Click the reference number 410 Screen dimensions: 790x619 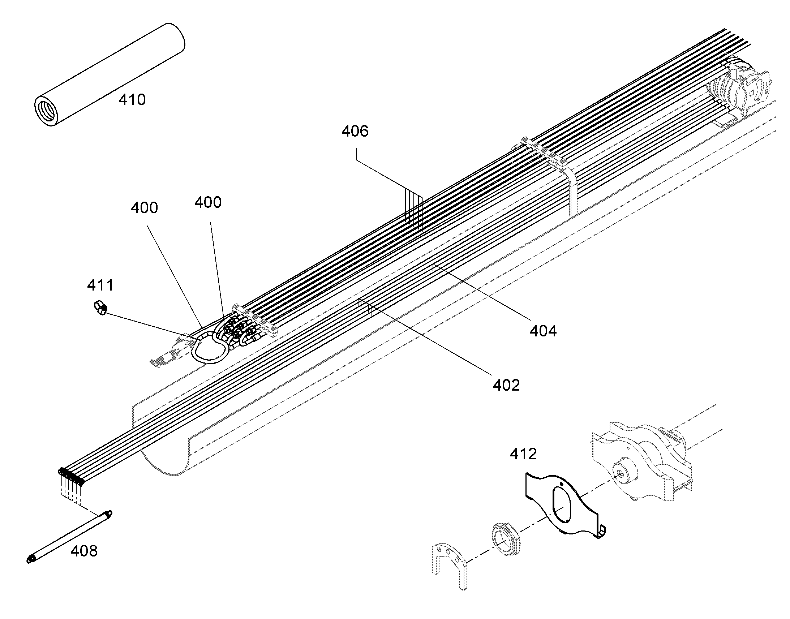click(132, 100)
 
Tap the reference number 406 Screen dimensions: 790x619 click(355, 131)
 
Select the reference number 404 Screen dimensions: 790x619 click(543, 331)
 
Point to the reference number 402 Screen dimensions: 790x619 click(506, 385)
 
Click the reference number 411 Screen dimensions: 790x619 click(100, 285)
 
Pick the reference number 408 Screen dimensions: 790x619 click(84, 551)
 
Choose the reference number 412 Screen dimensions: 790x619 click(523, 454)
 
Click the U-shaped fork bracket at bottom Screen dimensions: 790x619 click(450, 569)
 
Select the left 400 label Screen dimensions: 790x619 click(144, 208)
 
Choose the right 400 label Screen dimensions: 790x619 click(208, 202)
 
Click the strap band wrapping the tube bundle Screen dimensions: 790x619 click(572, 189)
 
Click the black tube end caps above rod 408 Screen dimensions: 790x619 click(71, 476)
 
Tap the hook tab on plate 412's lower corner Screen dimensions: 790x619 click(601, 530)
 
